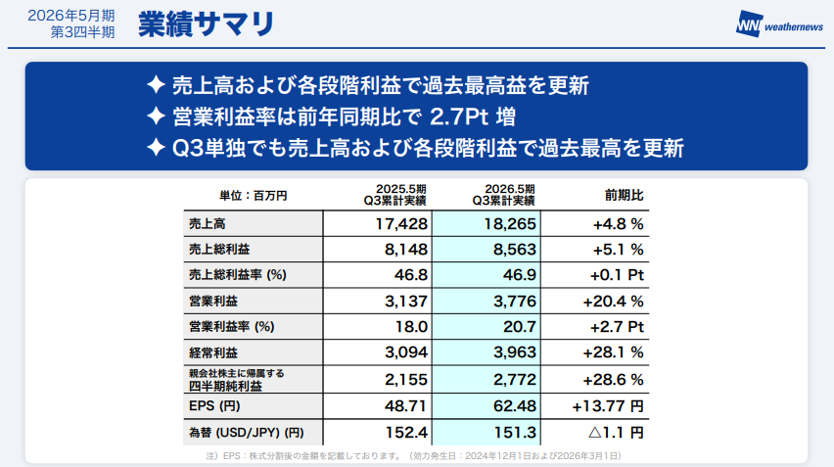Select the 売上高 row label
(208, 224)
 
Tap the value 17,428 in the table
(376, 224)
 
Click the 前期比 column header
(624, 194)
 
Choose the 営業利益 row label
(213, 301)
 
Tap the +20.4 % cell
(612, 301)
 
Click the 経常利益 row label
(213, 351)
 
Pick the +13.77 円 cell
(607, 404)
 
